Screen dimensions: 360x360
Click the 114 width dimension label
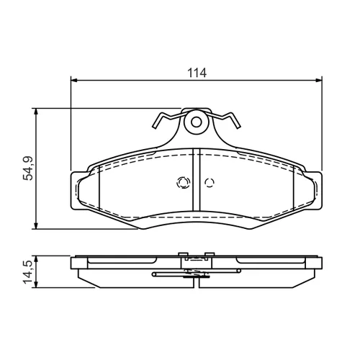[x=197, y=73]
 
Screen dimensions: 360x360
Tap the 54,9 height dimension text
[x=27, y=168]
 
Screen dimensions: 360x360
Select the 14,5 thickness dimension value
[x=27, y=272]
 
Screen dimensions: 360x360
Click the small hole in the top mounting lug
[x=197, y=122]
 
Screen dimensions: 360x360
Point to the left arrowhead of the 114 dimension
[x=74, y=80]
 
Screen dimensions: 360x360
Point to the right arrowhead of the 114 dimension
[x=318, y=80]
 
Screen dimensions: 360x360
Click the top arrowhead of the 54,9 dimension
[x=36, y=112]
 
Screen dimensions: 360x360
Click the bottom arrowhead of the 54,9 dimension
[x=36, y=225]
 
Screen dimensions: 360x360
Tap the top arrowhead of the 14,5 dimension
[x=36, y=259]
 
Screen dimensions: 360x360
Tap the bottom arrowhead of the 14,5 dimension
[x=36, y=284]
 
